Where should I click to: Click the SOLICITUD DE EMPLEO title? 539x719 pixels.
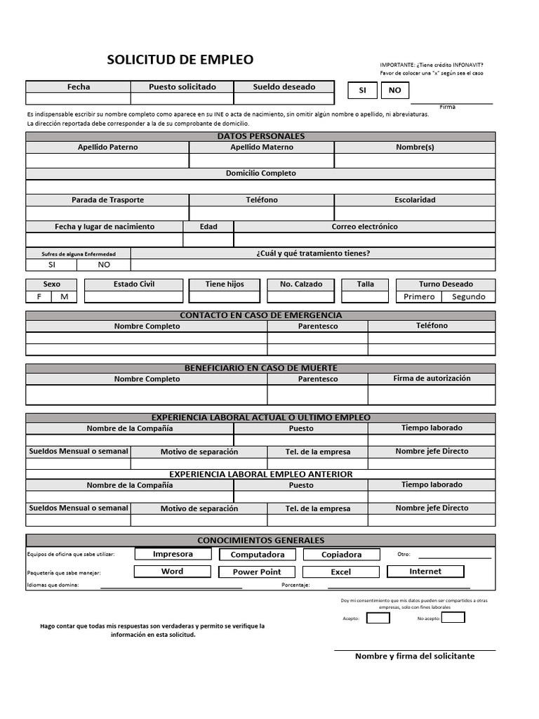pyautogui.click(x=180, y=60)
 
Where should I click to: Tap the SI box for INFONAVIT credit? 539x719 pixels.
pyautogui.click(x=362, y=90)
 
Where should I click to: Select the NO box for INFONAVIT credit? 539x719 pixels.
pyautogui.click(x=395, y=90)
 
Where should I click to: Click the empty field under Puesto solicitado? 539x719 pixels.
pyautogui.click(x=182, y=99)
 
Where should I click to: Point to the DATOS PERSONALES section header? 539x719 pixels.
pyautogui.click(x=260, y=136)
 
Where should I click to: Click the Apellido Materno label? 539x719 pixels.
pyautogui.click(x=262, y=147)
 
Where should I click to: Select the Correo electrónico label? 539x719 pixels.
pyautogui.click(x=364, y=227)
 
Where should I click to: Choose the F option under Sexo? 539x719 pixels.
pyautogui.click(x=39, y=296)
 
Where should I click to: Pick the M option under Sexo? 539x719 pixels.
pyautogui.click(x=65, y=296)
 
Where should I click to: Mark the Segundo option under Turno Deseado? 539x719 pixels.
pyautogui.click(x=468, y=296)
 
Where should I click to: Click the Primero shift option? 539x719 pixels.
pyautogui.click(x=419, y=296)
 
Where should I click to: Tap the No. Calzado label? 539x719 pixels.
pyautogui.click(x=301, y=284)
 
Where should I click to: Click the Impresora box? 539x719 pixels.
pyautogui.click(x=173, y=554)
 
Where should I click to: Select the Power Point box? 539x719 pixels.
pyautogui.click(x=257, y=572)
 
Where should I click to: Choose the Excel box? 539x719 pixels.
pyautogui.click(x=341, y=572)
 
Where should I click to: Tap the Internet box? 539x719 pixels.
pyautogui.click(x=425, y=572)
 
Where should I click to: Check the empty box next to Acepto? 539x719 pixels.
pyautogui.click(x=378, y=618)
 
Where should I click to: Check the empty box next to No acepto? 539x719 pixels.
pyautogui.click(x=453, y=618)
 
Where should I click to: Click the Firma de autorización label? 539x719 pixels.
pyautogui.click(x=432, y=378)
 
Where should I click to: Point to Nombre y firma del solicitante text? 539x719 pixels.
pyautogui.click(x=415, y=656)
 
